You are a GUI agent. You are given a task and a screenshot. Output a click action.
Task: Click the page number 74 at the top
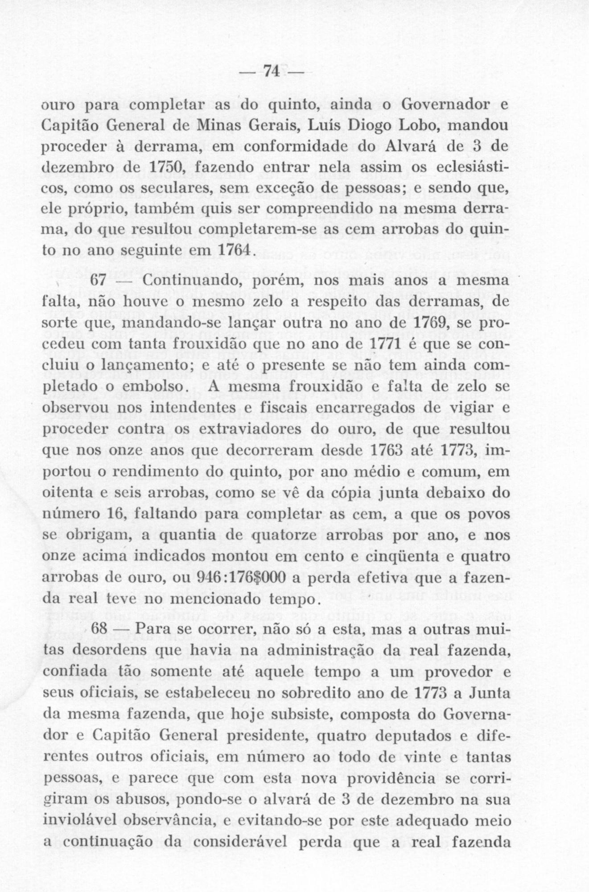pyautogui.click(x=272, y=71)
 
